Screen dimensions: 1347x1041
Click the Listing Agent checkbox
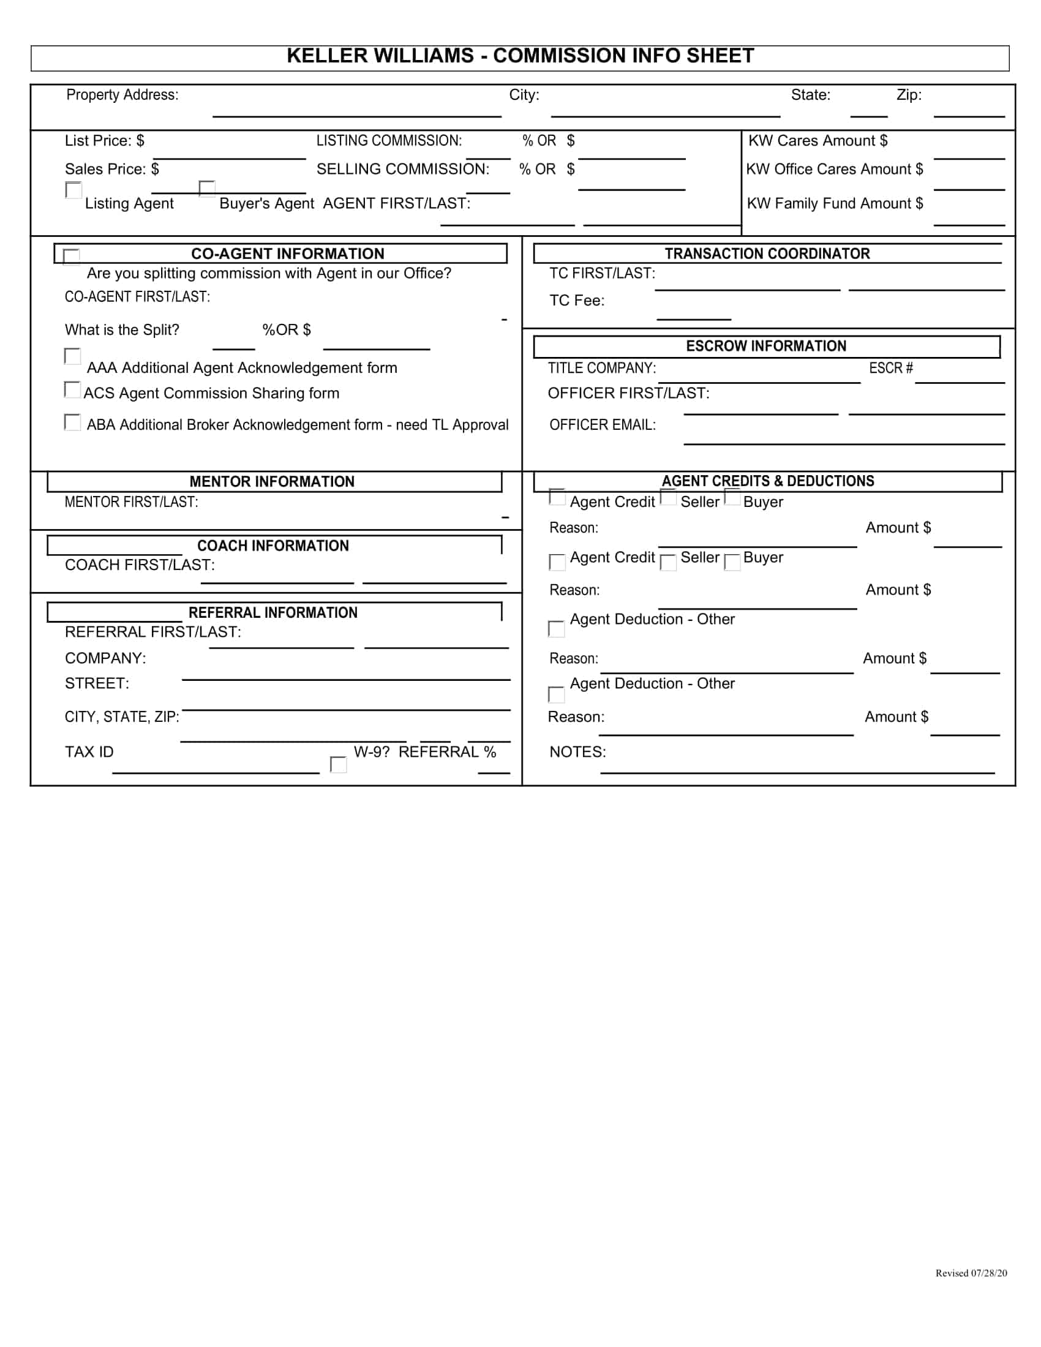(73, 190)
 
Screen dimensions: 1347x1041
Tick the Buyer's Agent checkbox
(207, 188)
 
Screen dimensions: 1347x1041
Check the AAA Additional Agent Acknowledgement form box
(72, 356)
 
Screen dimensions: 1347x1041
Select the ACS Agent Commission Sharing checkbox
(72, 389)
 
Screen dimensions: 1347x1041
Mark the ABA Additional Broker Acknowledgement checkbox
(72, 422)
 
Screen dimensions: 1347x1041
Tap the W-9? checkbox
(339, 765)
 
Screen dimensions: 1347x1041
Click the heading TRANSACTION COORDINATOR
(767, 253)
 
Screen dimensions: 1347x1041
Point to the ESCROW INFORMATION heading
(766, 346)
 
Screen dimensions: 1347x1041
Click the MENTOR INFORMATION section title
(272, 482)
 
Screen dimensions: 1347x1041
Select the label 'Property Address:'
(122, 95)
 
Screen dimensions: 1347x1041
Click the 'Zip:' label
(909, 95)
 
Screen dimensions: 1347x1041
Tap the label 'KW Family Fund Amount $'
(835, 203)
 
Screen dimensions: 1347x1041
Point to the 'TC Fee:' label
(577, 301)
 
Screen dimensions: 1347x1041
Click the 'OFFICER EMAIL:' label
(603, 425)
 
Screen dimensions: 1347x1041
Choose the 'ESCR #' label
(890, 368)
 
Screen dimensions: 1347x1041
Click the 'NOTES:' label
(578, 752)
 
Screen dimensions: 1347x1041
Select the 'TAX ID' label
(89, 752)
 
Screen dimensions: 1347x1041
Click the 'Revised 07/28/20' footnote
(971, 1273)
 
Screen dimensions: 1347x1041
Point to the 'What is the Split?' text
(122, 330)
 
